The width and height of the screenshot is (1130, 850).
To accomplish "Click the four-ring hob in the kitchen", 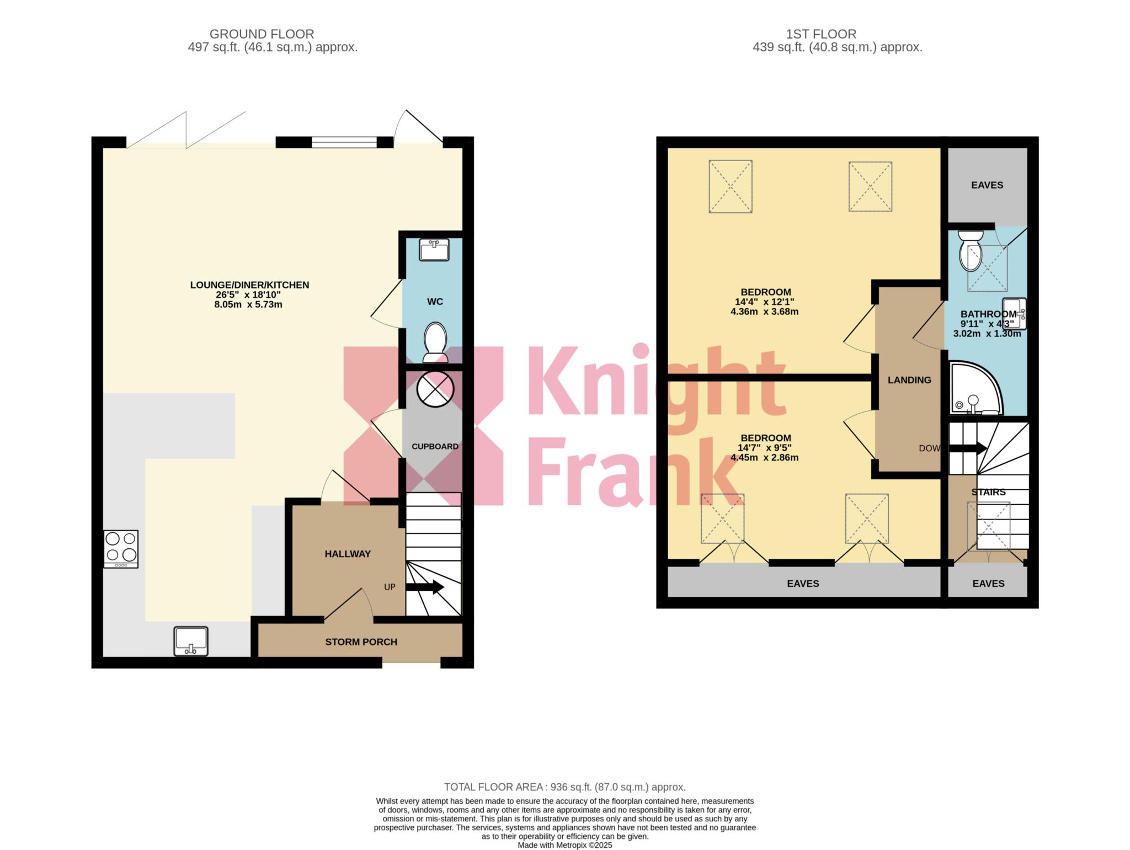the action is click(121, 549).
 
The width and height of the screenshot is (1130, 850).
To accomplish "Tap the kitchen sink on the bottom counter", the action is click(191, 641).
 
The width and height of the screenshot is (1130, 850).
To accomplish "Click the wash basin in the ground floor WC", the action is click(434, 249).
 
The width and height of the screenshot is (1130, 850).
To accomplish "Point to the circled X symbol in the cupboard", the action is click(435, 389).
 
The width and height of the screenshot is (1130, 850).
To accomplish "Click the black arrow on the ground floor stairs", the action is click(425, 587).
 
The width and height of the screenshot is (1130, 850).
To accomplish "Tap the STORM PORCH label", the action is click(361, 642).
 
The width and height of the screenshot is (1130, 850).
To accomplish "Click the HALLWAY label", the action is click(348, 554).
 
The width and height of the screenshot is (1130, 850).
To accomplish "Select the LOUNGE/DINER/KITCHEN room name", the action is click(249, 285).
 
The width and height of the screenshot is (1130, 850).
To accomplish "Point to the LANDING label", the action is click(909, 380).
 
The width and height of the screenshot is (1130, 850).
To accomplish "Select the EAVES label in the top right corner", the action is click(987, 185).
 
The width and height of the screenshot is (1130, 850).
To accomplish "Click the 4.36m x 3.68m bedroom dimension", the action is click(764, 312).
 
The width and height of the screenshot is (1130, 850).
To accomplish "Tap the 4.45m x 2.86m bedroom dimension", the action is click(764, 458).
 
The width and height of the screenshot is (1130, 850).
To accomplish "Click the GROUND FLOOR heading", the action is click(262, 34).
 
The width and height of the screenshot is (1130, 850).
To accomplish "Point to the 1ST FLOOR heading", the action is click(821, 34).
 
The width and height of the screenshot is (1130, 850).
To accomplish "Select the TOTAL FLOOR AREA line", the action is click(565, 787).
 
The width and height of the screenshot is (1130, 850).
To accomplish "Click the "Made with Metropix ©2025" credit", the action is click(565, 845).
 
